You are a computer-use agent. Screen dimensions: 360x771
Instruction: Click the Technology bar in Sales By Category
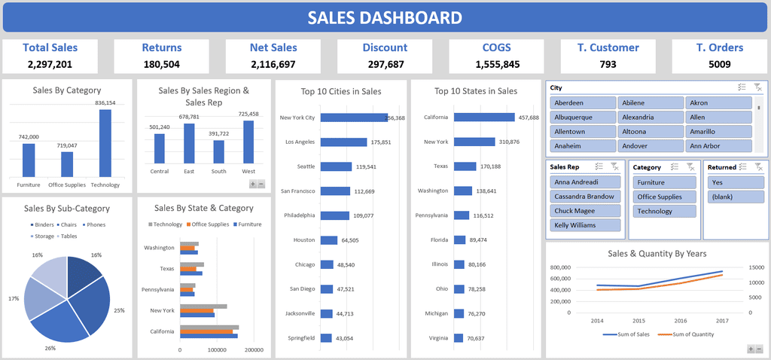[x=105, y=143]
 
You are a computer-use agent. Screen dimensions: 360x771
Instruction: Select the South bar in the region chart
[x=218, y=152]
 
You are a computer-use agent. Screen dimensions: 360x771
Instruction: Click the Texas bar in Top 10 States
[x=465, y=166]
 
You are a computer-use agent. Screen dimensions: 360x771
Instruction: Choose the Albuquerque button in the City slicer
[x=583, y=117]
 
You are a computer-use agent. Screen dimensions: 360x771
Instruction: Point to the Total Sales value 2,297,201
[x=50, y=65]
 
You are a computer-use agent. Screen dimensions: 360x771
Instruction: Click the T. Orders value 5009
[x=720, y=65]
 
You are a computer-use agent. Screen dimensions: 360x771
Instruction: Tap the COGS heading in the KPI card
[x=496, y=47]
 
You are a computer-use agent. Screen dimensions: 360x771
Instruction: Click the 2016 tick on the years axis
[x=680, y=320]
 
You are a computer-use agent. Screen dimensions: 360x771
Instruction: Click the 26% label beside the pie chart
[x=50, y=348]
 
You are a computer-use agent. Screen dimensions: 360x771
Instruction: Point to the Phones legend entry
[x=93, y=224]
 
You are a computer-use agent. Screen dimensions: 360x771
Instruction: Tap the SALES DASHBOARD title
[x=385, y=18]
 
